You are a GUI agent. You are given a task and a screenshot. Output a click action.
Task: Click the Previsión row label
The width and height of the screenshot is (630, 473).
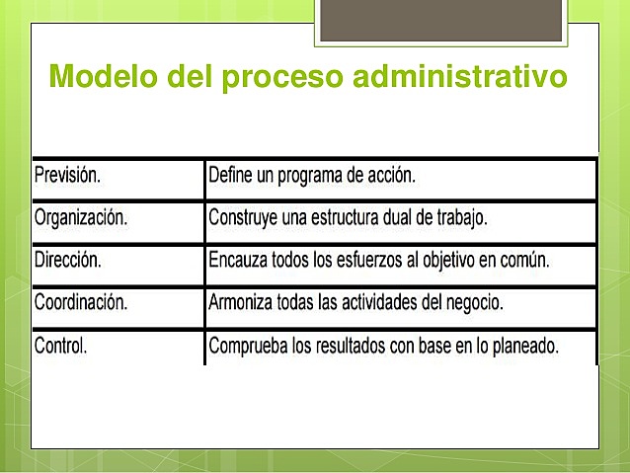coord(68,176)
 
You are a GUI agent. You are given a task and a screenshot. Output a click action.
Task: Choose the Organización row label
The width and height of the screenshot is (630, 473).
coord(81,218)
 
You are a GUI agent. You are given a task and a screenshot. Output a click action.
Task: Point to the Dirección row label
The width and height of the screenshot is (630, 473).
coord(68,261)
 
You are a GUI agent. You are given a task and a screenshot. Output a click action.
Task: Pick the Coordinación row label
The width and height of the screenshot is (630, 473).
coord(81,303)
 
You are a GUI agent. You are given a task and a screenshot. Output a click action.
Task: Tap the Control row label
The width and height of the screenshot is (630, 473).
coord(61,347)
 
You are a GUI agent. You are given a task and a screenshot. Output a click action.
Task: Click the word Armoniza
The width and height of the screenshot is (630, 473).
coord(243,303)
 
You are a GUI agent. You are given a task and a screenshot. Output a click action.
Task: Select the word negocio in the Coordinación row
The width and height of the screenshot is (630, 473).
coord(474,303)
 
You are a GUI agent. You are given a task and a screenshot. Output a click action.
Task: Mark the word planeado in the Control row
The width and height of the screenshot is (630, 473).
coord(522,347)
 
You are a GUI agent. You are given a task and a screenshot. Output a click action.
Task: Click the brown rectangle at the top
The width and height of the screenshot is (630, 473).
coord(444,20)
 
